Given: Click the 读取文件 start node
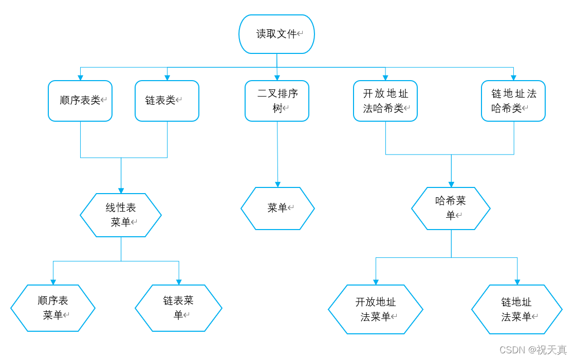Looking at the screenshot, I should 276,34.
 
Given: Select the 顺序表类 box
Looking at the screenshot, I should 80,101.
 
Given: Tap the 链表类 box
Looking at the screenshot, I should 167,101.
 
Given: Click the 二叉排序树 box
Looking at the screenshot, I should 277,101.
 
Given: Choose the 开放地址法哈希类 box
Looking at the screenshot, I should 385,101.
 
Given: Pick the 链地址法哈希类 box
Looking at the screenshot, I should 513,101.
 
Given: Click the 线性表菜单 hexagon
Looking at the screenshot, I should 121,215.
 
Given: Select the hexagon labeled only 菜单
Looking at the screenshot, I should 277,208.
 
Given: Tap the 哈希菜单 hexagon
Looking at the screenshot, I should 451,208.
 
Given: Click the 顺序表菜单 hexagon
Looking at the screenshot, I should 53,308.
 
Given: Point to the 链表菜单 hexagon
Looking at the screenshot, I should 178,308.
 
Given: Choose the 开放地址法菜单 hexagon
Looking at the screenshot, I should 376,310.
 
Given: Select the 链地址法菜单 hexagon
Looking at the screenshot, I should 517,310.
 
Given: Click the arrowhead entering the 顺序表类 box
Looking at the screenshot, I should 81,78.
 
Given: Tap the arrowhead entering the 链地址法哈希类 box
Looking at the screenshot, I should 514,78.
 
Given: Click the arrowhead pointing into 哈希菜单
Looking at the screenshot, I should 451,184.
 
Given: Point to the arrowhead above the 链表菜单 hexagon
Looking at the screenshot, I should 179,281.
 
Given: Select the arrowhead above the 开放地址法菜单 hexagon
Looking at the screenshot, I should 376,281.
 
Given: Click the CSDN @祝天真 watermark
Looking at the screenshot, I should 533,350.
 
